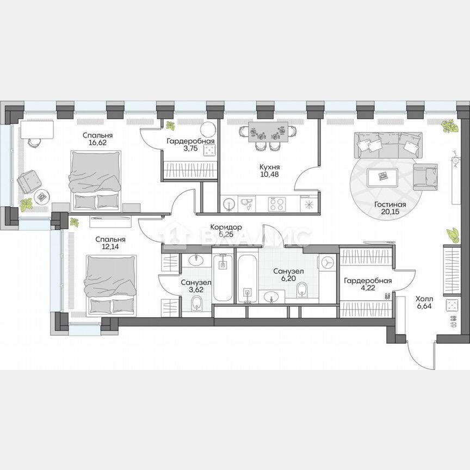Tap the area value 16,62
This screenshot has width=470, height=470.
98,144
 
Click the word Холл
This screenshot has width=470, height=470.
425,299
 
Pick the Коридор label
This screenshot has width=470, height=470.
226,227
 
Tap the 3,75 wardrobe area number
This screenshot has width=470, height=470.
190,150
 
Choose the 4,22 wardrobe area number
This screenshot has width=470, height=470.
368,290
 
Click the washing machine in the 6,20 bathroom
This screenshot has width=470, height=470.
328,262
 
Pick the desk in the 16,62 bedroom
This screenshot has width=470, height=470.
37,129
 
